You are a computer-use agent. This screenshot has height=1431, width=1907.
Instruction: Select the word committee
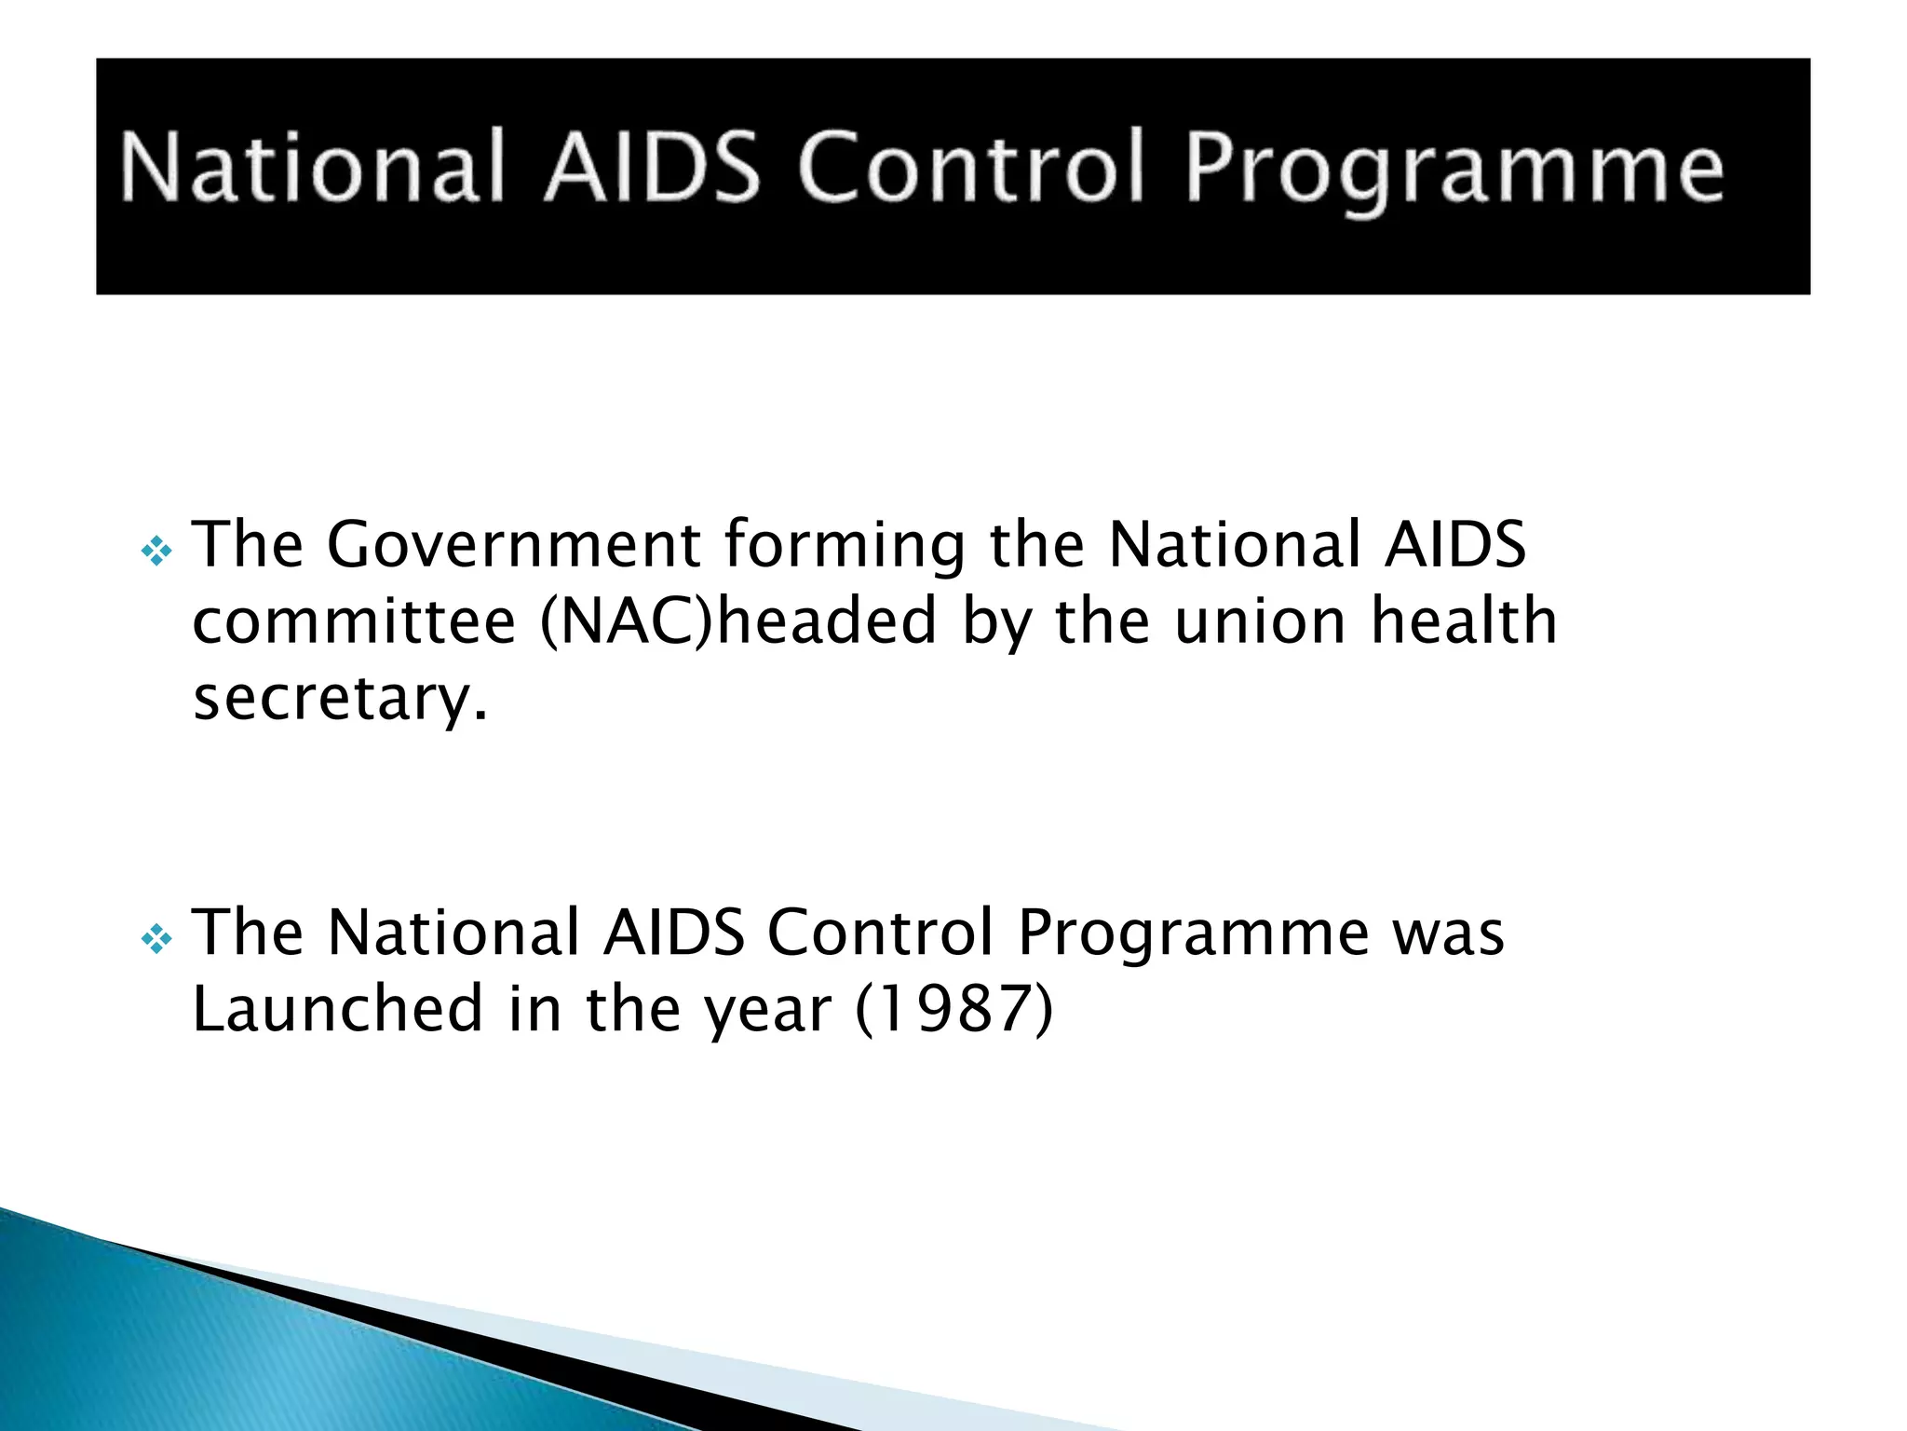pos(354,622)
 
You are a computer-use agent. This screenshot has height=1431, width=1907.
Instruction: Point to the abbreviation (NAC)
pos(626,622)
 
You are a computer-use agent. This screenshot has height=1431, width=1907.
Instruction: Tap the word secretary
pos(340,699)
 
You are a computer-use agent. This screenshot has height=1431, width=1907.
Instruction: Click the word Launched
pos(337,1008)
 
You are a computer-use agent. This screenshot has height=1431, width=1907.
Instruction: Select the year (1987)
pos(953,1010)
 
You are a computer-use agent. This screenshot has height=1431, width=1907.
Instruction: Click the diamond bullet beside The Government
pos(156,552)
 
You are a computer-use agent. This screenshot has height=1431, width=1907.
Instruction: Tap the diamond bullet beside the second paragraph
pos(156,940)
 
